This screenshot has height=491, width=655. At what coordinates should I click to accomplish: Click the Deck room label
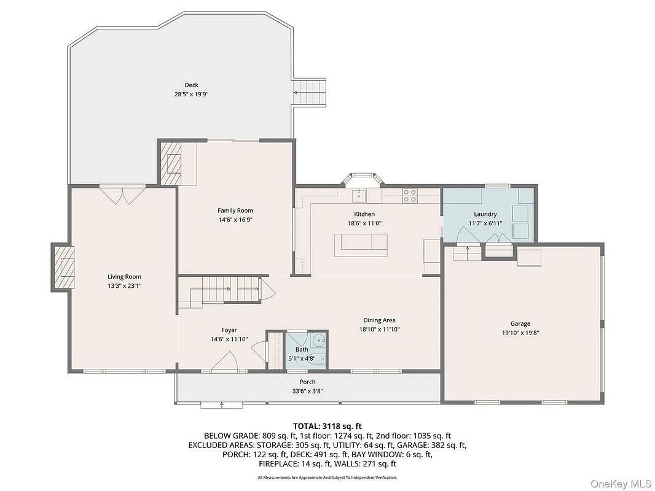[191, 85]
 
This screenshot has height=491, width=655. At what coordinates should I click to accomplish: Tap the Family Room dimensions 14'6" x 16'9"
[235, 220]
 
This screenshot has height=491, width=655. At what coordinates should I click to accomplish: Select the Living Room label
[125, 277]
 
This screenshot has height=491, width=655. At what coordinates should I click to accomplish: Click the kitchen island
[361, 245]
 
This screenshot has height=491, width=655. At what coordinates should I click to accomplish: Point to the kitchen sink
[359, 195]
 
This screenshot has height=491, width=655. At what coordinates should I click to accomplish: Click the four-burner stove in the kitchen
[409, 196]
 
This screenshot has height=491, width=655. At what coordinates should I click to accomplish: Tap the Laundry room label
[485, 214]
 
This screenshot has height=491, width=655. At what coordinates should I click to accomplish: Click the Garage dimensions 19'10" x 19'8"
[520, 333]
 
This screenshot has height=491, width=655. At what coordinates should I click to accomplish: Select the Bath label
[302, 349]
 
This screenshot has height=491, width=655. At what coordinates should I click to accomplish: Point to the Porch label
[307, 382]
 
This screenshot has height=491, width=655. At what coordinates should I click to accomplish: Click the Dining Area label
[379, 320]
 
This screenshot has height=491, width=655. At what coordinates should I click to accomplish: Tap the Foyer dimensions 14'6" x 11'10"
[229, 339]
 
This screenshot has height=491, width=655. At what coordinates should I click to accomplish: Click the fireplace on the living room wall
[63, 268]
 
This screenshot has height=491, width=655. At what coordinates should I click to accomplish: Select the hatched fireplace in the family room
[170, 163]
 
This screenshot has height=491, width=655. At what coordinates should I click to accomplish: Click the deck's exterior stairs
[310, 93]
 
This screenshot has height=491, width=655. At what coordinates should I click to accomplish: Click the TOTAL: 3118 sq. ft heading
[327, 426]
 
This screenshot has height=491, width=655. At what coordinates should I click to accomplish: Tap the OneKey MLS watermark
[621, 484]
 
